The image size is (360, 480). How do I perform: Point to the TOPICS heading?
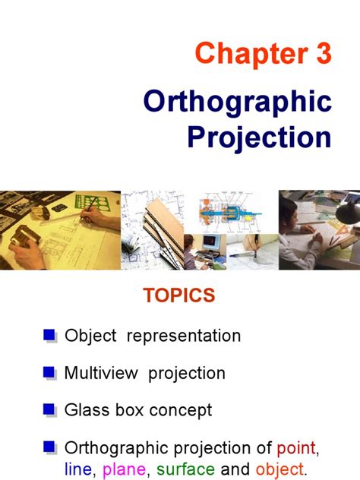(179, 295)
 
